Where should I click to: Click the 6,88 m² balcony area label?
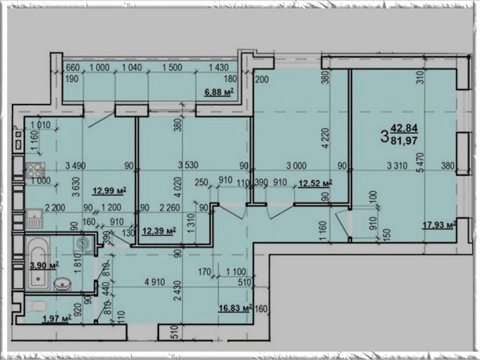pyautogui.click(x=219, y=92)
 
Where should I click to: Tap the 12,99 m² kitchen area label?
pyautogui.click(x=110, y=191)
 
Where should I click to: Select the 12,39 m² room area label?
pyautogui.click(x=159, y=231)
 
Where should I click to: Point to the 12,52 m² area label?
pyautogui.click(x=315, y=183)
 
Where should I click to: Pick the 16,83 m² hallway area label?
pyautogui.click(x=235, y=307)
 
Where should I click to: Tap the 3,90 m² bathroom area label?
pyautogui.click(x=44, y=265)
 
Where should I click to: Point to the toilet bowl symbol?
pyautogui.click(x=36, y=306)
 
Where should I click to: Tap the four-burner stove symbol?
pyautogui.click(x=35, y=170)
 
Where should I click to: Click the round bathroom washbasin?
pyautogui.click(x=63, y=285)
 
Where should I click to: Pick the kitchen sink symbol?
pyautogui.click(x=34, y=218)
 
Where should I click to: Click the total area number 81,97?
pyautogui.click(x=404, y=141)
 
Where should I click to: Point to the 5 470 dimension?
pyautogui.click(x=421, y=163)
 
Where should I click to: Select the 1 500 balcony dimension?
pyautogui.click(x=172, y=67)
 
